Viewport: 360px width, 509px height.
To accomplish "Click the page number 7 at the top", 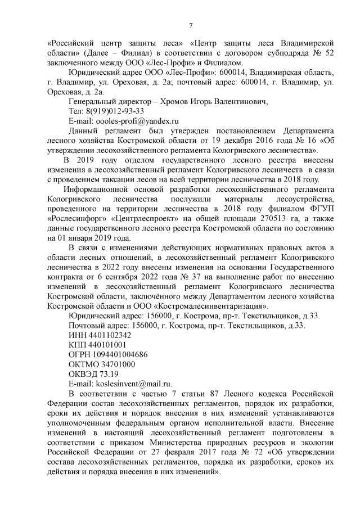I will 191,25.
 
